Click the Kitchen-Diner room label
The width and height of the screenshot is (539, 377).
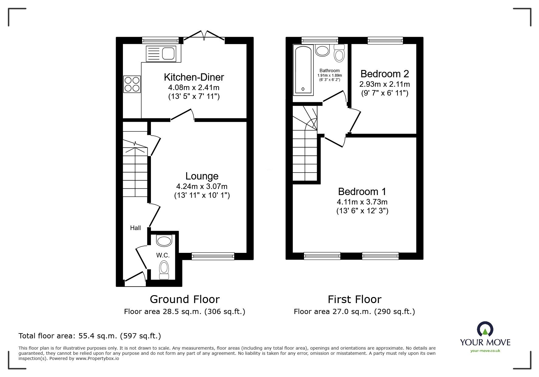pyautogui.click(x=194, y=77)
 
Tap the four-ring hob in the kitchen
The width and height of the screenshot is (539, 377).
pyautogui.click(x=132, y=84)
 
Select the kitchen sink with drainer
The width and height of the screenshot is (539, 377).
pyautogui.click(x=161, y=54)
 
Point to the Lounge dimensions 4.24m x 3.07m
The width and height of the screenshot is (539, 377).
pyautogui.click(x=201, y=187)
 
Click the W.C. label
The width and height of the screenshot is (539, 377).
pyautogui.click(x=163, y=256)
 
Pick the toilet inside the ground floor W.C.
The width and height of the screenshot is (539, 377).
pyautogui.click(x=164, y=270)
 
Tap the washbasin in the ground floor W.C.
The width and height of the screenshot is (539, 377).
pyautogui.click(x=164, y=241)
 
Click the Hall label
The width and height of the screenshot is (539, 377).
pyautogui.click(x=135, y=228)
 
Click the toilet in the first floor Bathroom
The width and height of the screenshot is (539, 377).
pyautogui.click(x=339, y=54)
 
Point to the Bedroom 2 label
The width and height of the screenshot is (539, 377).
pyautogui.click(x=385, y=74)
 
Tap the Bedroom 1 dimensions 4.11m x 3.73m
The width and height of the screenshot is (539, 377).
pyautogui.click(x=362, y=202)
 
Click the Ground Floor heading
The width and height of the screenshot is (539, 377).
pyautogui.click(x=185, y=299)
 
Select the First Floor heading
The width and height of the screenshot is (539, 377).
pyautogui.click(x=354, y=299)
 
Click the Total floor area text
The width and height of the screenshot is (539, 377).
pyautogui.click(x=90, y=336)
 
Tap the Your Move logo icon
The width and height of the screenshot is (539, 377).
pyautogui.click(x=485, y=329)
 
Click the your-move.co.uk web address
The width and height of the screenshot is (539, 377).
pyautogui.click(x=485, y=351)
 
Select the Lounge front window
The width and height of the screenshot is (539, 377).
pyautogui.click(x=213, y=256)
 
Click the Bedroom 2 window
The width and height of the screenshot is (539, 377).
pyautogui.click(x=385, y=40)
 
